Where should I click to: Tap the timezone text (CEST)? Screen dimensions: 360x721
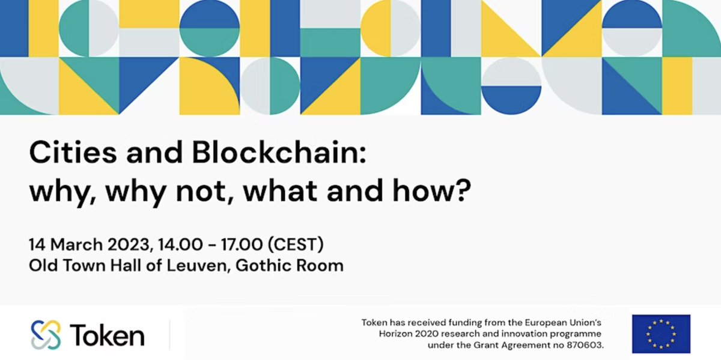[297, 245]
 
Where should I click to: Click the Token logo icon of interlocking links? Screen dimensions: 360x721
[46, 335]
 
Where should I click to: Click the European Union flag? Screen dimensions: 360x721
[661, 334]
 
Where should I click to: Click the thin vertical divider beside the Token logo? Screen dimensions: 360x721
[169, 335]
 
